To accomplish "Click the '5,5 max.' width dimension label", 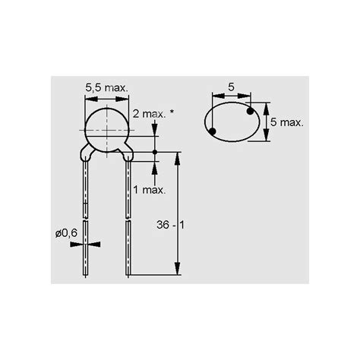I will [106, 89].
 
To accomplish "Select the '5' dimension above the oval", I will [230, 89].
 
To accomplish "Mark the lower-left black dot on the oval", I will [212, 132].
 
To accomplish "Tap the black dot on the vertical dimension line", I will [155, 153].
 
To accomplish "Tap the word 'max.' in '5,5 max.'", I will [115, 89].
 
